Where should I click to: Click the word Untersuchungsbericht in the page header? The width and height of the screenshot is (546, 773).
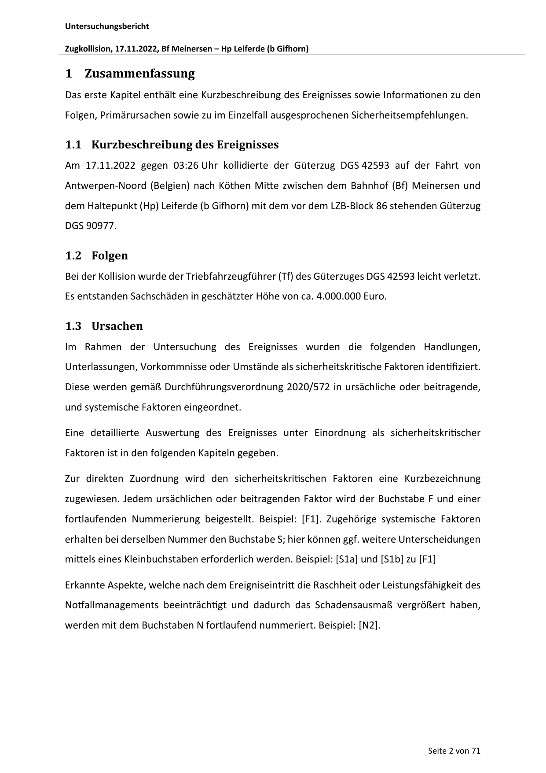(107, 26)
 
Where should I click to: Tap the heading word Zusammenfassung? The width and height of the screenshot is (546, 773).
(139, 74)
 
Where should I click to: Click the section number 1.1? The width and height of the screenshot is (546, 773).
(73, 144)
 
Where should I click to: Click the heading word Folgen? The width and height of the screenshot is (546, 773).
(110, 255)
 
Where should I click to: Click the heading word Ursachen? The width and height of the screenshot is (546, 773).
(117, 326)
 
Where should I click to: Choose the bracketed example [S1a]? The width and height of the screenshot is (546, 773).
(346, 560)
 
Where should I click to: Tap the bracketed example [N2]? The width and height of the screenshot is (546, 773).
(369, 625)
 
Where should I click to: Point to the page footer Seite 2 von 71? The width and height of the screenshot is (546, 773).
(454, 751)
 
